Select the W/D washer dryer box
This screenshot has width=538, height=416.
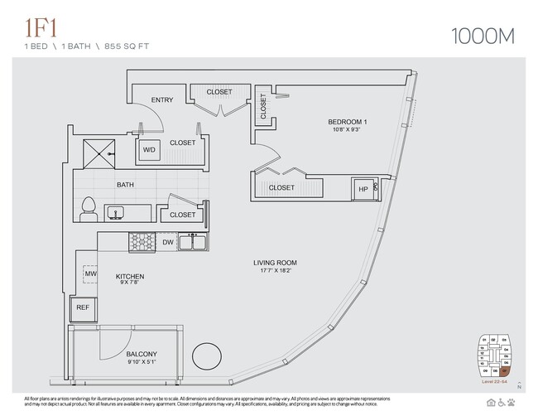coord(149,149)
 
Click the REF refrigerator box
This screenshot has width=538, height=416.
coord(83,307)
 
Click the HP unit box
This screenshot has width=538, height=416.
coord(363,188)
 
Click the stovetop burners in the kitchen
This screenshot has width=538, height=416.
coord(142,242)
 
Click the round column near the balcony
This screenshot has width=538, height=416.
coord(207,359)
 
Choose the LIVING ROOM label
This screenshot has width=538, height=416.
coord(274,263)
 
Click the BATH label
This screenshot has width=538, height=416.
coord(126,185)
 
